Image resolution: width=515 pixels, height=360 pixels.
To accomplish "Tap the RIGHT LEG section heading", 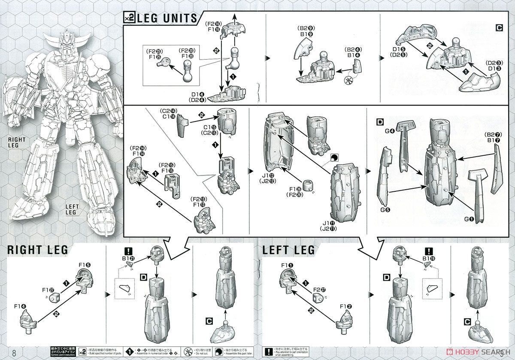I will (36, 250).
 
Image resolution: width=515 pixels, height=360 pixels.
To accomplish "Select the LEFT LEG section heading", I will (288, 250).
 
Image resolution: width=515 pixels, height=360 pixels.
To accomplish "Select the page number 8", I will (15, 353).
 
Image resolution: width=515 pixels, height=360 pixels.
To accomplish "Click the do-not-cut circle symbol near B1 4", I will (349, 81).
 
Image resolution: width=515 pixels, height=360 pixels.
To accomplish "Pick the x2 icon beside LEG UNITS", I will (129, 18).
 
